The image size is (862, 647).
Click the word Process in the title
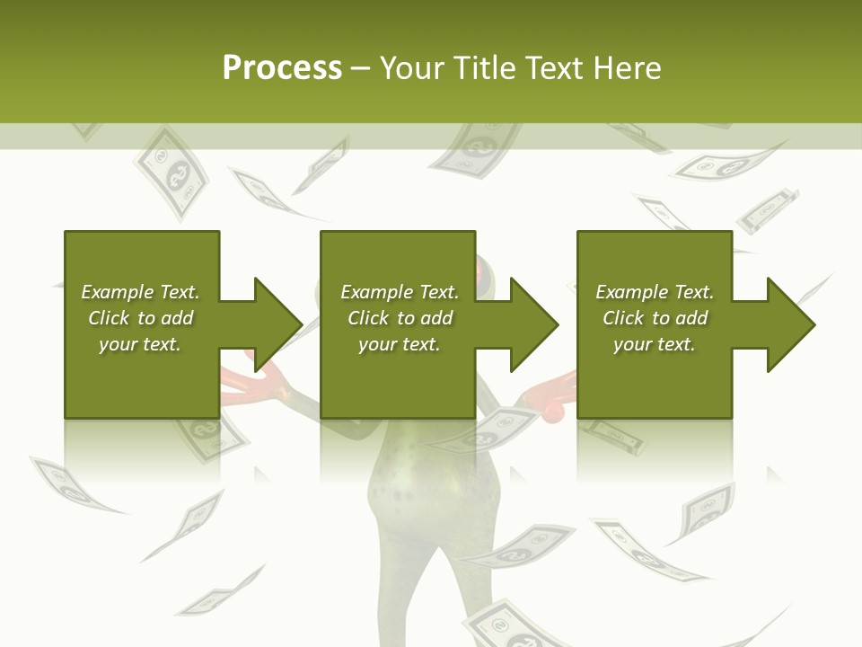(x=282, y=68)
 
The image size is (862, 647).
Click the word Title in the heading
(x=483, y=68)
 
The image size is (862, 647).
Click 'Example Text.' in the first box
(x=140, y=292)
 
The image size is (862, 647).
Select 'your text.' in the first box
(x=140, y=344)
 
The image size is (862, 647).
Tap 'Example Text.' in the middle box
(x=400, y=292)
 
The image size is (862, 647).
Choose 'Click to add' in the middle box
(x=400, y=318)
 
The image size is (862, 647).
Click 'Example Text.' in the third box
(x=655, y=292)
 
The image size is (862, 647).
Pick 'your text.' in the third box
(x=655, y=344)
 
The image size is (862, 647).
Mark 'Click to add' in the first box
(x=140, y=318)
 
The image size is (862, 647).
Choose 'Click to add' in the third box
(x=655, y=318)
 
